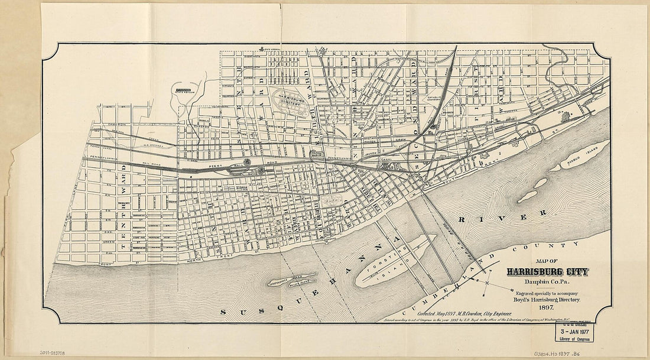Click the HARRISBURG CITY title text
(x=547, y=272)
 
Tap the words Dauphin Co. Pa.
(x=547, y=282)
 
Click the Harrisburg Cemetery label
(x=289, y=100)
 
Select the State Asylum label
(x=184, y=90)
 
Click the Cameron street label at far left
(x=118, y=124)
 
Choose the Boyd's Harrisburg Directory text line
(x=547, y=300)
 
